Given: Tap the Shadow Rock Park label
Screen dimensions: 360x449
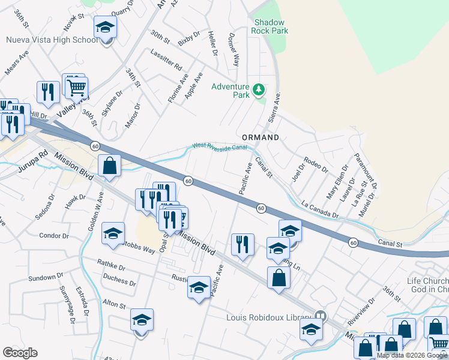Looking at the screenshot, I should coord(270,26).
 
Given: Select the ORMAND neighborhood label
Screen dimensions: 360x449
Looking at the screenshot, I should coord(261,137).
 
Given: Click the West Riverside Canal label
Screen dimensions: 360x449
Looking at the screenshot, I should coord(220,146).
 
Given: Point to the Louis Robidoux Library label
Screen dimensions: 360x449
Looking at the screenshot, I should coord(268,317).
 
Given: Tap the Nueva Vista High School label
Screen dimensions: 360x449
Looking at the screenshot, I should coord(51,40).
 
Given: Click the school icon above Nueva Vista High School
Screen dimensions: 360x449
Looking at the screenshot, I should coord(105,28).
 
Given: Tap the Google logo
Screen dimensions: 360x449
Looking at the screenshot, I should coord(20,353).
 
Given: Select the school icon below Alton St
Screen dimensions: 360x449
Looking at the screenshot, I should coord(142,321).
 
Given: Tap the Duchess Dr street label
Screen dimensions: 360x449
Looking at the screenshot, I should coord(119,280).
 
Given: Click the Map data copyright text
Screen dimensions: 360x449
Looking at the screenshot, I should coord(412,355).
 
